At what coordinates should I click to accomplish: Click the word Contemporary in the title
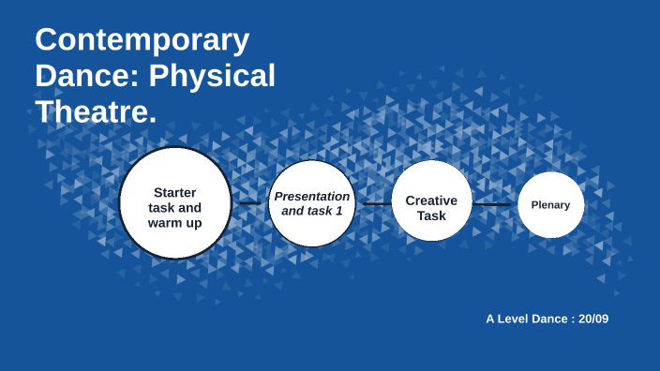click(x=142, y=40)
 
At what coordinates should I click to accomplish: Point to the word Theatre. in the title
click(x=96, y=111)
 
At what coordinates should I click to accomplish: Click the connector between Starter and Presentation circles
click(x=249, y=202)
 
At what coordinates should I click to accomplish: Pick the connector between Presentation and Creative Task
click(x=377, y=203)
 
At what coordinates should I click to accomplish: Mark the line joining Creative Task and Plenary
click(x=494, y=204)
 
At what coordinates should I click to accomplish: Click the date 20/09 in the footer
click(x=593, y=319)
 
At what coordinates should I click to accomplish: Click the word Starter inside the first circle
click(x=175, y=192)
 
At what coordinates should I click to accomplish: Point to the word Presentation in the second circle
click(x=312, y=196)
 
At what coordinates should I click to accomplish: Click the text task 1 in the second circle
click(x=327, y=211)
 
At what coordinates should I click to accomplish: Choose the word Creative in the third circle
click(x=431, y=200)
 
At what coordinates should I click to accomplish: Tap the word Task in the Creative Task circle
click(x=431, y=215)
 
